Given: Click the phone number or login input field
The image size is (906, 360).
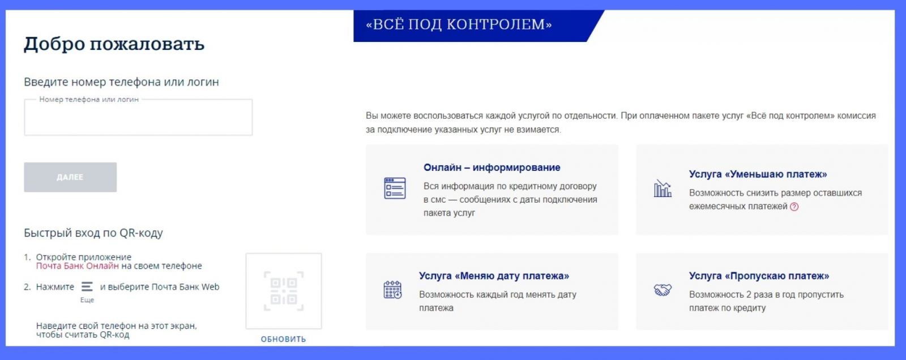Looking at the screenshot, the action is [x=138, y=117].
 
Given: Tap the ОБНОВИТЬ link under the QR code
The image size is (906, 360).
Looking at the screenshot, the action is [x=283, y=339].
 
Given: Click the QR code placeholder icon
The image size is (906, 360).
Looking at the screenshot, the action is [x=284, y=291].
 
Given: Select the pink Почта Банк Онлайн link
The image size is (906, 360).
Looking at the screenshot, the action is [x=77, y=265].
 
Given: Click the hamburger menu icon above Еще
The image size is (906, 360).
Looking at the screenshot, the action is [x=87, y=286].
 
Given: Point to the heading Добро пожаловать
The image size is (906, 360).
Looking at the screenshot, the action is [x=114, y=44].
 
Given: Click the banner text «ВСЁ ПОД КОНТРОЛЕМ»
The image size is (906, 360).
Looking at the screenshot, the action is [x=459, y=24].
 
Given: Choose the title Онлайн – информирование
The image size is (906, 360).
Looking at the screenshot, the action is [x=492, y=168].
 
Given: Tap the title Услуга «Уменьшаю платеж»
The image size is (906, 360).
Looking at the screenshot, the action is [x=758, y=174].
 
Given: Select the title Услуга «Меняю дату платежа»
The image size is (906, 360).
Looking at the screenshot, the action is [x=494, y=276].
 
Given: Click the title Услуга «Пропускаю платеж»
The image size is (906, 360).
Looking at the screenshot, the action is [x=759, y=276].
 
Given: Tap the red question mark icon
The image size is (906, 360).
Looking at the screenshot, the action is [x=794, y=207].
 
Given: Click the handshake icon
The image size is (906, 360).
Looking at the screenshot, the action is [x=663, y=290].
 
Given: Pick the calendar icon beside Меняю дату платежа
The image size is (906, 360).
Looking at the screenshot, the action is [x=393, y=290].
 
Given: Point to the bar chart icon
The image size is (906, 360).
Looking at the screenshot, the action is [x=663, y=188].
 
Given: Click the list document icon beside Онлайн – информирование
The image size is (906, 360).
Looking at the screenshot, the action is [x=395, y=188].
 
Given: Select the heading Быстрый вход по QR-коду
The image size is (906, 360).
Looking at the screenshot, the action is [x=93, y=233].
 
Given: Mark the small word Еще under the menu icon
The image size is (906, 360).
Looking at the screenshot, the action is [x=87, y=300].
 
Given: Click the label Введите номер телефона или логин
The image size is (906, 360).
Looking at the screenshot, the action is [x=121, y=82].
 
